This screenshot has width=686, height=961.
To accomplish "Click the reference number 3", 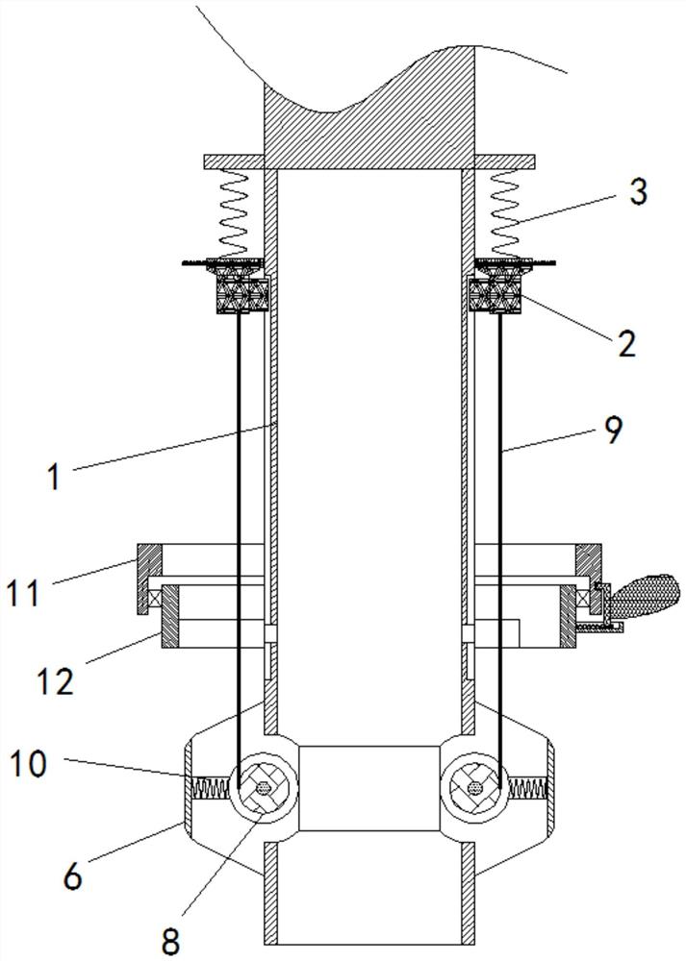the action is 638,192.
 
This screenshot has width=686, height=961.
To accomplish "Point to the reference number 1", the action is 55,478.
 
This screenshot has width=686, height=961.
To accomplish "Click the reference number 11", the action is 23,593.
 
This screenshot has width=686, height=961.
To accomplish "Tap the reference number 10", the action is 28,765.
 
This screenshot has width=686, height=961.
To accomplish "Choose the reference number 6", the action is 72,876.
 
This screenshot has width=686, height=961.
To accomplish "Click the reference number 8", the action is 170,943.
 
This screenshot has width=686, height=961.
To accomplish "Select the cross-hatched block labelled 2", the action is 495,294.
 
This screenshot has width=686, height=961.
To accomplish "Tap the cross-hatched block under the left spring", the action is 243,294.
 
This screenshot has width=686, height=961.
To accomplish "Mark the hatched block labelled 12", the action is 170,616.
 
